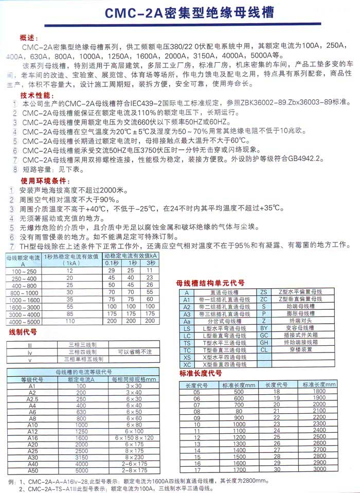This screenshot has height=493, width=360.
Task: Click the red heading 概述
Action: tap(29, 38)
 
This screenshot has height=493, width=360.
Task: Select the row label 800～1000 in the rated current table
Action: tap(22, 292)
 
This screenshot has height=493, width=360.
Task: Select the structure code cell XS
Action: tap(187, 357)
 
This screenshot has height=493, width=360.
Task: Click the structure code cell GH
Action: tap(264, 342)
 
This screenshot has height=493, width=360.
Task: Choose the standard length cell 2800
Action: tap(319, 449)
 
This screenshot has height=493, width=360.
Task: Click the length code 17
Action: tap(196, 469)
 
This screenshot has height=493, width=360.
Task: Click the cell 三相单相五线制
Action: tap(86, 359)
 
